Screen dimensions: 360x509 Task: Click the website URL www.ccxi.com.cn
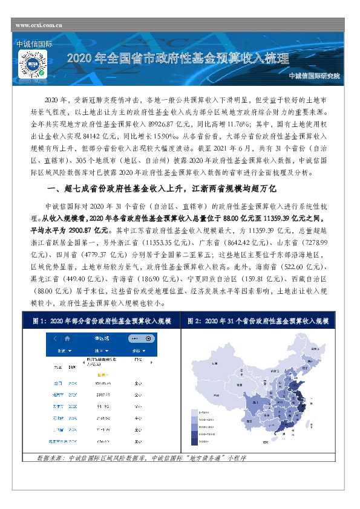click(x=39, y=25)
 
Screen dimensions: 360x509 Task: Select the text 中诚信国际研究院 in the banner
click(x=315, y=76)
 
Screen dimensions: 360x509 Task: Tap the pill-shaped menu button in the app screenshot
click(x=137, y=339)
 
